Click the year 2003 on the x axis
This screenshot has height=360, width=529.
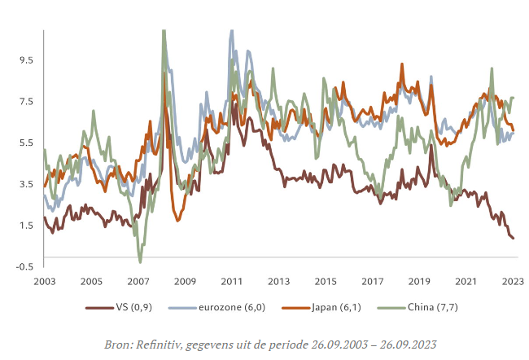click(44, 281)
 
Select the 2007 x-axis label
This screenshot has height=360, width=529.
click(138, 281)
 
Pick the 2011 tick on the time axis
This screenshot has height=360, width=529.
click(232, 281)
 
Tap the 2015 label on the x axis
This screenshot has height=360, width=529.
click(326, 281)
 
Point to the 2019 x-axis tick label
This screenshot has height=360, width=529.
click(420, 281)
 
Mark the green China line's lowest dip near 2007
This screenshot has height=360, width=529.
click(140, 261)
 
